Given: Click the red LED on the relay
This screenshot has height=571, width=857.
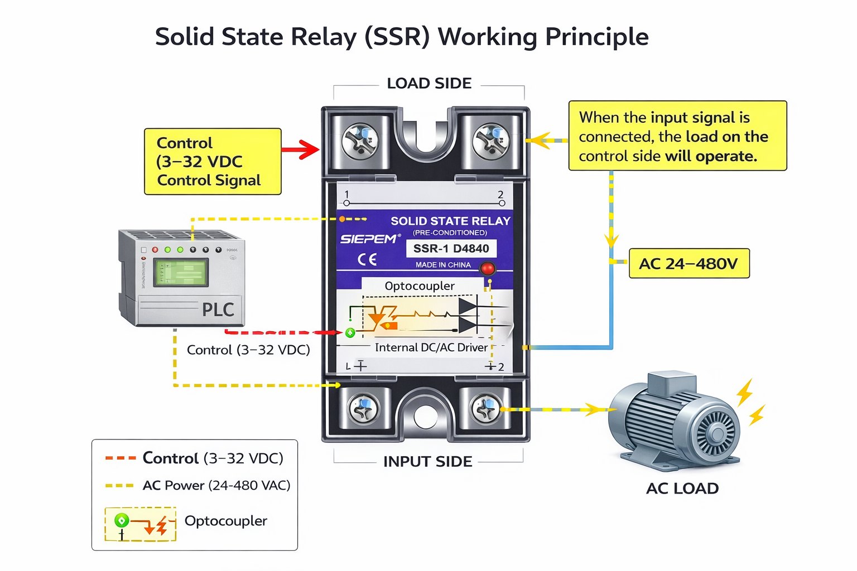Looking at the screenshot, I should click(x=488, y=268).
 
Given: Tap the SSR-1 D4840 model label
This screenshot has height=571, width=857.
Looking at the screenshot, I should click(x=451, y=248).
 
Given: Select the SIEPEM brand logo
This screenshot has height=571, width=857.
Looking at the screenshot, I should click(x=369, y=239).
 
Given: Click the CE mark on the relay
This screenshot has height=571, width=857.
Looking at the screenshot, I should click(x=367, y=259).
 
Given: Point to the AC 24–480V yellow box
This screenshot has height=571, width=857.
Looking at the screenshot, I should click(x=689, y=264).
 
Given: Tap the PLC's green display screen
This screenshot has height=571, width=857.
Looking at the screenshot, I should click(x=181, y=272).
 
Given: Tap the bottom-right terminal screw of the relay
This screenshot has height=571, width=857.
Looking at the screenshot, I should click(x=486, y=409).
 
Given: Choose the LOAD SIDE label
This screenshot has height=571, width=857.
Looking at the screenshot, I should click(x=429, y=84).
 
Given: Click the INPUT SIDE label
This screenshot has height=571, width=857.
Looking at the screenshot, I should click(x=427, y=462).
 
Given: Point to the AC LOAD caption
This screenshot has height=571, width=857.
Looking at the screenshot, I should click(x=682, y=488).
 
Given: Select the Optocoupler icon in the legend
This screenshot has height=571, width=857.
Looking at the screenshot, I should click(x=141, y=524).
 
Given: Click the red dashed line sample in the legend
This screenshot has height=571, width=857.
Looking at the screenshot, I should click(x=121, y=458).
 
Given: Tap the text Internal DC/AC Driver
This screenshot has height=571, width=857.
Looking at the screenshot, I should click(x=431, y=347).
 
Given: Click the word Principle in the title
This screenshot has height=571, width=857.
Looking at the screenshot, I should click(x=596, y=37).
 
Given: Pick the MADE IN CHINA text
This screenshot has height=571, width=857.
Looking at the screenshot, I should click(x=443, y=265).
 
